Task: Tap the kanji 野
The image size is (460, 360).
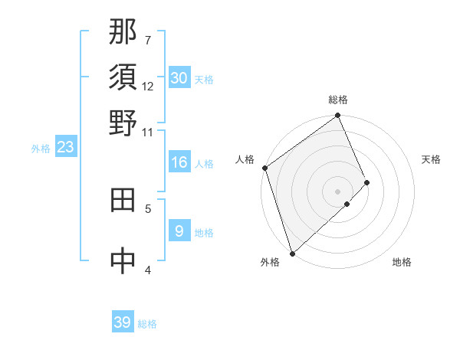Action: [123, 123]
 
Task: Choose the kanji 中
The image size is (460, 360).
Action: [123, 260]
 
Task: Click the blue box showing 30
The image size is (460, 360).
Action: [179, 78]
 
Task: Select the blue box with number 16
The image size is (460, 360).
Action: [179, 162]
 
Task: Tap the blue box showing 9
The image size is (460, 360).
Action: [179, 231]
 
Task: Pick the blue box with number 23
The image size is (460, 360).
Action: [65, 148]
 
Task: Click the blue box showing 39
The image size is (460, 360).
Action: [123, 322]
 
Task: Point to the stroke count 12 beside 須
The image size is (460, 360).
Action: [148, 86]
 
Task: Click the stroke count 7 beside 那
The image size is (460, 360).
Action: [147, 40]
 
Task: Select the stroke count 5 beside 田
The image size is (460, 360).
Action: [148, 208]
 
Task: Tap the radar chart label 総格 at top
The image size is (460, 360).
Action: [338, 100]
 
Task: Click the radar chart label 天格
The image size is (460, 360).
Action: [431, 159]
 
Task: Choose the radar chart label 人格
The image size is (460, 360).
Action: [245, 159]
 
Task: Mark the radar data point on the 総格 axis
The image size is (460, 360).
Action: [338, 116]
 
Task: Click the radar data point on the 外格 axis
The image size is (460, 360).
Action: [292, 253]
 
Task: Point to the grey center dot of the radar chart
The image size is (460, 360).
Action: [338, 190]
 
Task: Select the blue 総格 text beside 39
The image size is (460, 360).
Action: [147, 324]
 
